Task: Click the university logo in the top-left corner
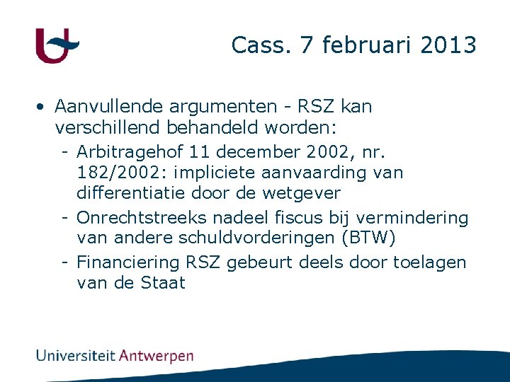pos(57,45)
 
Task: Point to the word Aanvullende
pos(110,107)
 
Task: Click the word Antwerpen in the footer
pos(156,355)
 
